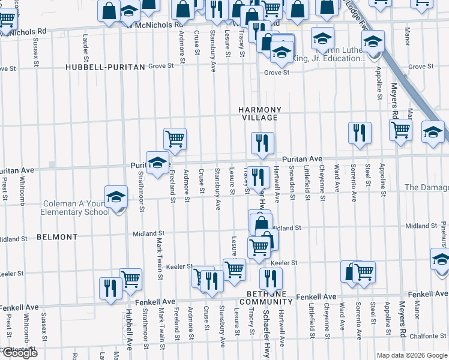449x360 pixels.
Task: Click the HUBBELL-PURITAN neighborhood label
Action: tap(106, 67)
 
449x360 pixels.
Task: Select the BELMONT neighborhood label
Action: tap(57, 237)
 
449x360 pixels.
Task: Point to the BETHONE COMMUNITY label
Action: tap(261, 297)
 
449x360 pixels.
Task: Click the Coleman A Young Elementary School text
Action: tap(75, 208)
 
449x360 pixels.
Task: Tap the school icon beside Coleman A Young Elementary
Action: tap(116, 196)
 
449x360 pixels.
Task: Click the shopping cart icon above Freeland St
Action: tap(175, 139)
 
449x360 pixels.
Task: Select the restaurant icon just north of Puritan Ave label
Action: tap(263, 143)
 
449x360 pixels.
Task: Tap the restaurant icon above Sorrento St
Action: tap(360, 133)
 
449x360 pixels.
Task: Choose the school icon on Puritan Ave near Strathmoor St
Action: tap(157, 162)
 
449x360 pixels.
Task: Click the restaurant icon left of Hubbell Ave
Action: tap(109, 287)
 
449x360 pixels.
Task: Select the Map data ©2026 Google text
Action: tap(412, 355)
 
